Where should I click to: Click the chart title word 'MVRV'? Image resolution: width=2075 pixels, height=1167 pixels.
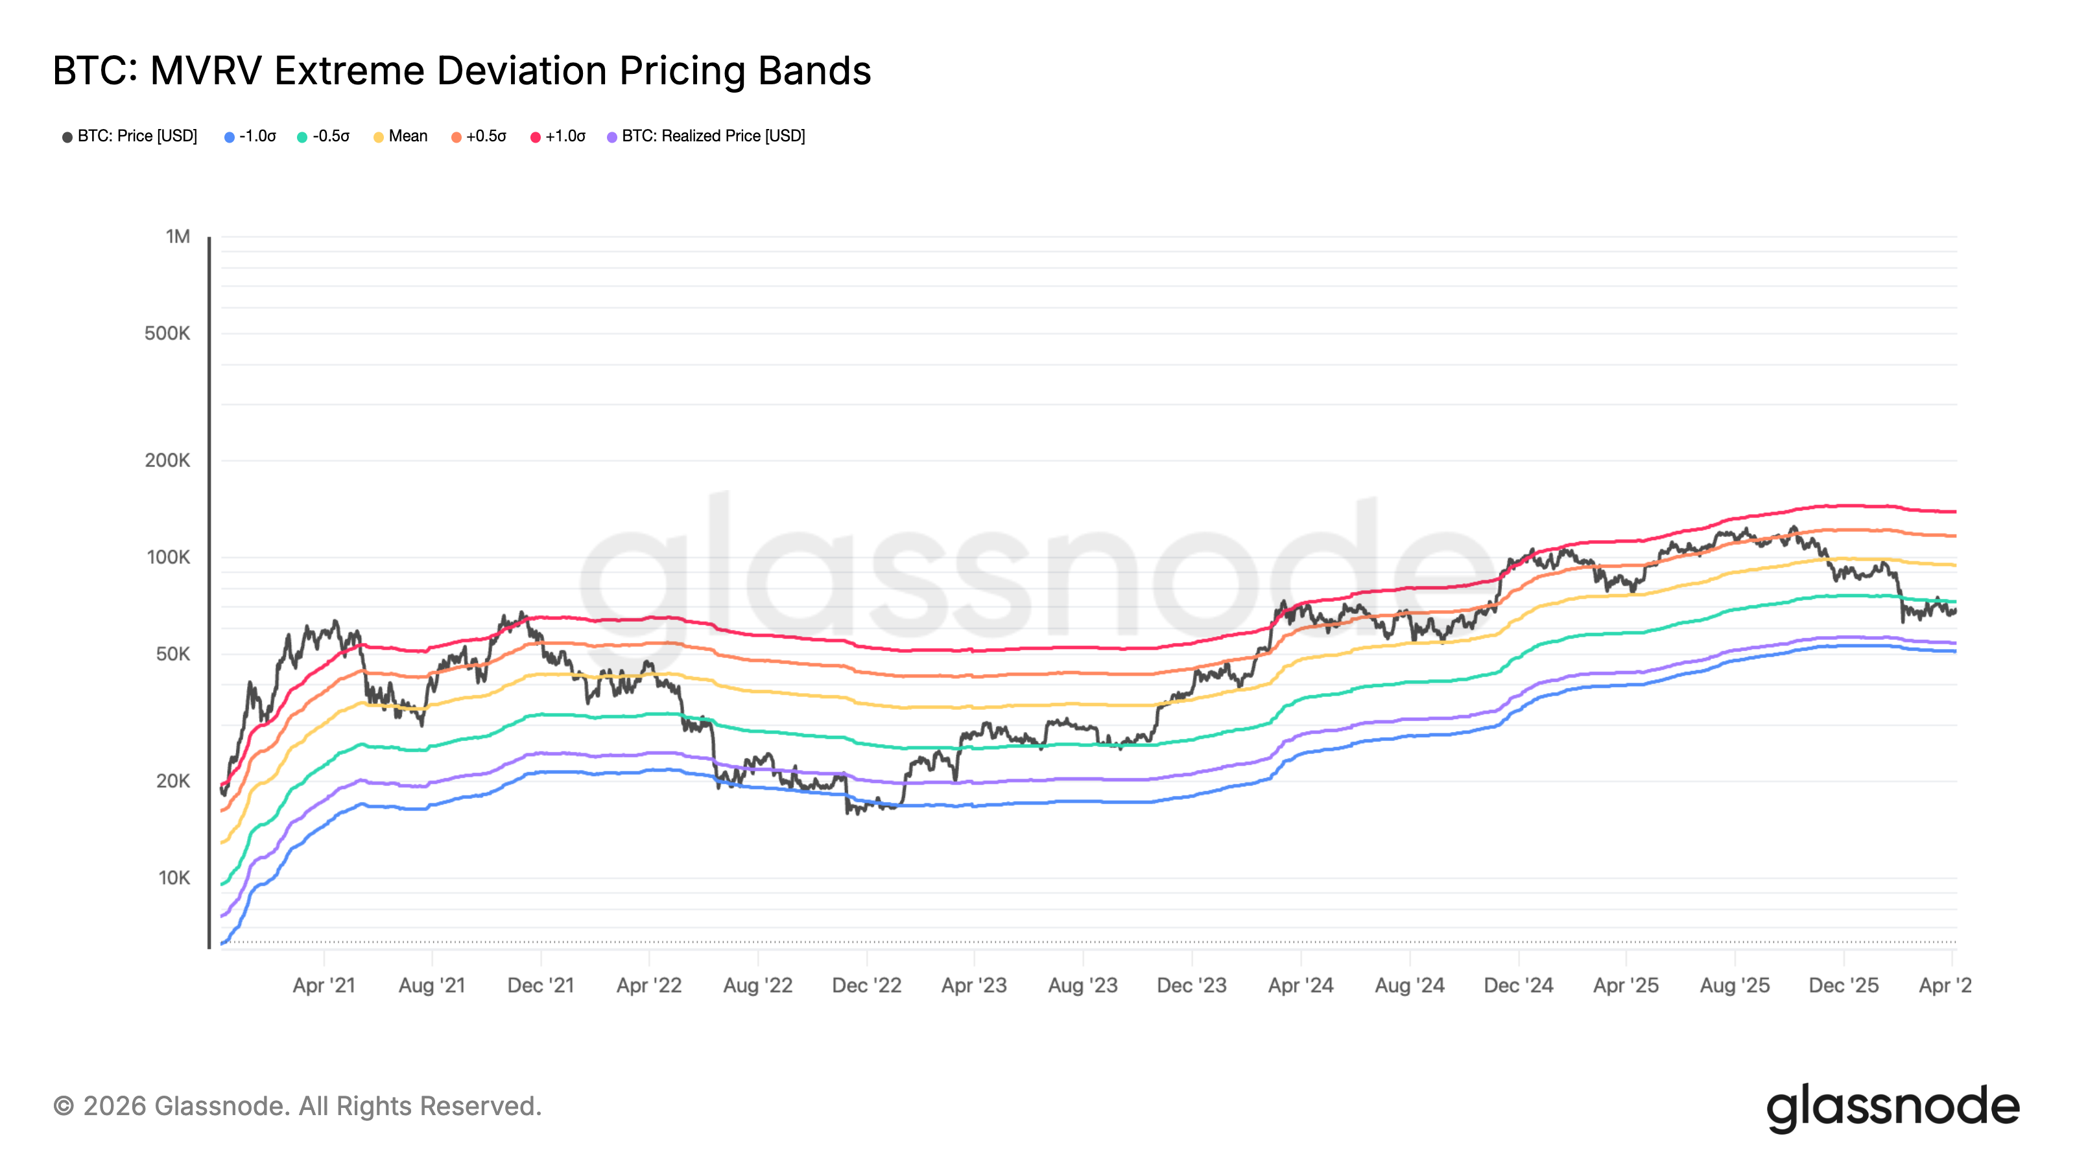[x=206, y=71]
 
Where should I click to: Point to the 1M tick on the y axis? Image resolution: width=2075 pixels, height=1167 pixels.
[x=178, y=236]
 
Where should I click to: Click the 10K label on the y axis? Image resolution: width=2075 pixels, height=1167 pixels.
[x=174, y=877]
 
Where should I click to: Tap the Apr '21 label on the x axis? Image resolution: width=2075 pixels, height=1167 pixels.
[x=324, y=985]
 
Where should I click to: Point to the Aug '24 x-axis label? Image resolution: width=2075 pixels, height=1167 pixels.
[x=1410, y=985]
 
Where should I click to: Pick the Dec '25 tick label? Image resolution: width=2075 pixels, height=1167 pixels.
[x=1844, y=985]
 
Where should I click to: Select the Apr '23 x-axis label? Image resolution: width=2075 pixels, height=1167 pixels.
[x=974, y=985]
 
